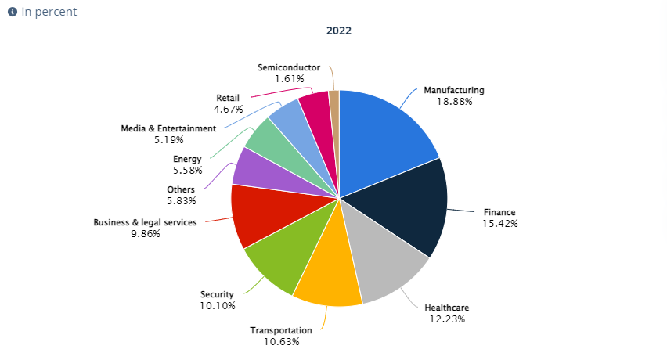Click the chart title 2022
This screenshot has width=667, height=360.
tap(339, 31)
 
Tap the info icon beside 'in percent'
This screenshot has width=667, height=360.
tap(13, 13)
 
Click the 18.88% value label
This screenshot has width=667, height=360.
tap(454, 101)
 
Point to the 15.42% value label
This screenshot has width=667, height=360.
tap(500, 223)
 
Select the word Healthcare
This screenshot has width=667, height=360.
tap(446, 308)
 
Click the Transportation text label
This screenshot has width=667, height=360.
tap(281, 330)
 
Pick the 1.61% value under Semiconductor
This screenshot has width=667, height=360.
tap(289, 78)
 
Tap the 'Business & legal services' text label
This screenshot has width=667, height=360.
tap(146, 222)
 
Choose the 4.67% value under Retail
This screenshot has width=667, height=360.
tap(229, 109)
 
